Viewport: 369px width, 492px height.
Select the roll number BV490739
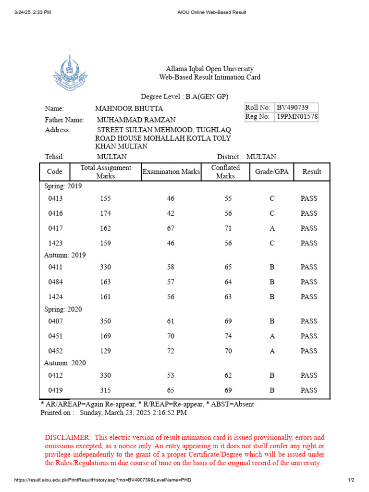(x=292, y=108)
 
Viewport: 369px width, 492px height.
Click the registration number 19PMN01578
(x=296, y=117)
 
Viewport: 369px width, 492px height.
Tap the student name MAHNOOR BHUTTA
(x=129, y=109)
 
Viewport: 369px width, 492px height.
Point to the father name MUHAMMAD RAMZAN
(x=136, y=120)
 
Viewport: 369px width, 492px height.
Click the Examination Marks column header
(x=171, y=172)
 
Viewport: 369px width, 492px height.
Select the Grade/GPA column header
(x=272, y=172)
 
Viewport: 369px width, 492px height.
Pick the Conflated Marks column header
(x=225, y=172)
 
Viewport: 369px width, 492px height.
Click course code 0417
(x=55, y=228)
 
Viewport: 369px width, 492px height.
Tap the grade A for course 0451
(x=272, y=336)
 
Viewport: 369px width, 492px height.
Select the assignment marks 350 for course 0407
(x=105, y=321)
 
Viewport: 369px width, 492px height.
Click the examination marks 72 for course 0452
(x=171, y=351)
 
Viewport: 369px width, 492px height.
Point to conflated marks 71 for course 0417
(x=228, y=228)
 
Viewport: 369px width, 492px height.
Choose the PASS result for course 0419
(x=309, y=390)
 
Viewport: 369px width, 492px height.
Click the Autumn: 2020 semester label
(x=65, y=363)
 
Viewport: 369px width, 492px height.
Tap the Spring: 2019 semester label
(x=63, y=186)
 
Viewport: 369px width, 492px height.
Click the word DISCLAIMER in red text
(x=67, y=437)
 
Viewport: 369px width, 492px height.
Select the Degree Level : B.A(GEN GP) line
(x=184, y=97)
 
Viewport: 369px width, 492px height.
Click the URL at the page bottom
(x=105, y=480)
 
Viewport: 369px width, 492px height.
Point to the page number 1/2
(x=351, y=480)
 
